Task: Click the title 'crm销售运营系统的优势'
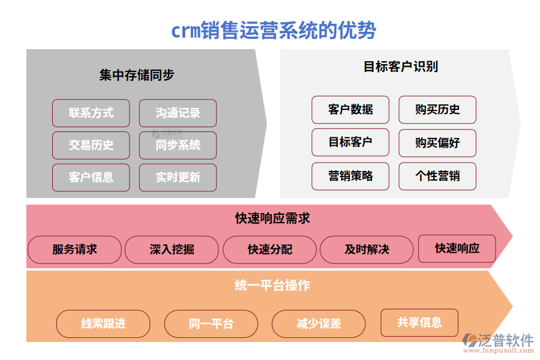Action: click(274, 30)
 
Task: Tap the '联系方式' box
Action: click(91, 113)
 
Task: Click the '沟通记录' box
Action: click(178, 113)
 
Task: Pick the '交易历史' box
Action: click(91, 145)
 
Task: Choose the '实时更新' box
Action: click(178, 178)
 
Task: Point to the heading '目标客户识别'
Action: click(400, 67)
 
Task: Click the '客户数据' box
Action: click(350, 110)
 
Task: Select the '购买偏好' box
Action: click(437, 143)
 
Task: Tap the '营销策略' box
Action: click(350, 176)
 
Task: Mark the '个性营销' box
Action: click(437, 176)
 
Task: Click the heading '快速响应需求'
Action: click(272, 218)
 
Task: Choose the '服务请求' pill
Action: click(74, 250)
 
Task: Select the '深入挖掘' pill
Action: click(172, 250)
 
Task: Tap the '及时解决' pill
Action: click(367, 250)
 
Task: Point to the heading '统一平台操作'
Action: click(272, 286)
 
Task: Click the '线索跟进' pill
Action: click(103, 324)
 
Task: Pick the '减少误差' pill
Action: click(319, 324)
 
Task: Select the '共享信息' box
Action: click(419, 323)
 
